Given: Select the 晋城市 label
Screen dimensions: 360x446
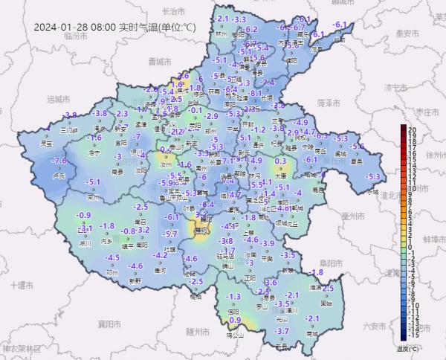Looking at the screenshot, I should (x=159, y=61).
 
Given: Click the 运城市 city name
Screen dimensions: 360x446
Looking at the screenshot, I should (x=57, y=98).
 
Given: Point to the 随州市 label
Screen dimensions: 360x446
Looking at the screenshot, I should (x=199, y=330).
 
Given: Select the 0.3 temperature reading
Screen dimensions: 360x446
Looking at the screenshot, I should (x=281, y=161).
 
